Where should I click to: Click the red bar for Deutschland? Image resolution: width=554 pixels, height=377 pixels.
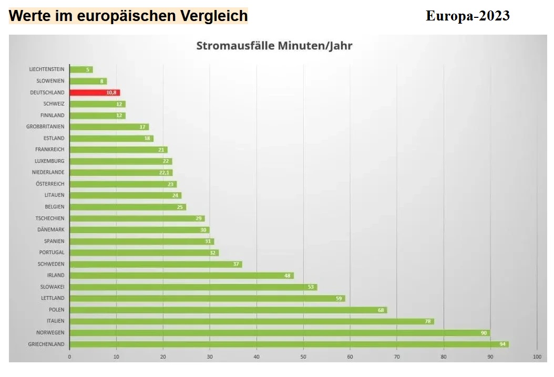pos(95,92)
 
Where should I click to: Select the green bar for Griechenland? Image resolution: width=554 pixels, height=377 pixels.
pos(289,344)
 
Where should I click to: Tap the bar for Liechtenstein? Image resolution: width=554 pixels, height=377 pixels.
pos(81,69)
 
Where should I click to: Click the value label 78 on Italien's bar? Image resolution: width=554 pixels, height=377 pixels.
pos(428,321)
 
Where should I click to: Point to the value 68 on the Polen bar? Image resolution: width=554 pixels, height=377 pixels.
pos(381,310)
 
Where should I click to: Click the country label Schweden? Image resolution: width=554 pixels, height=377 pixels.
pos(51,264)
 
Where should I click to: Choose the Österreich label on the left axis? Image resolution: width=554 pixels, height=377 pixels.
pos(50,184)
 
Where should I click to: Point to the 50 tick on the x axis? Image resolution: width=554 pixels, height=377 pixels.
pos(303,357)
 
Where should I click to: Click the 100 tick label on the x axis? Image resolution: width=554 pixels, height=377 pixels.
pos(537,357)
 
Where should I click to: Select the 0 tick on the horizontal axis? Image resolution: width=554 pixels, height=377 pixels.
pos(69,357)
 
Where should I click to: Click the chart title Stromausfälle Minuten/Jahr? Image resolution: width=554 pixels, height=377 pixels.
pos(274,46)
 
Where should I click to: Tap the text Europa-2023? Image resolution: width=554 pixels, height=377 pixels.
pos(467,16)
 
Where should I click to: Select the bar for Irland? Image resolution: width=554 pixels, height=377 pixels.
pos(181,276)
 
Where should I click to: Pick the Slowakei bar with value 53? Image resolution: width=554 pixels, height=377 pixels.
pos(193,287)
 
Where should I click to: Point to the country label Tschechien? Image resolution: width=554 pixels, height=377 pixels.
pos(50,218)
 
